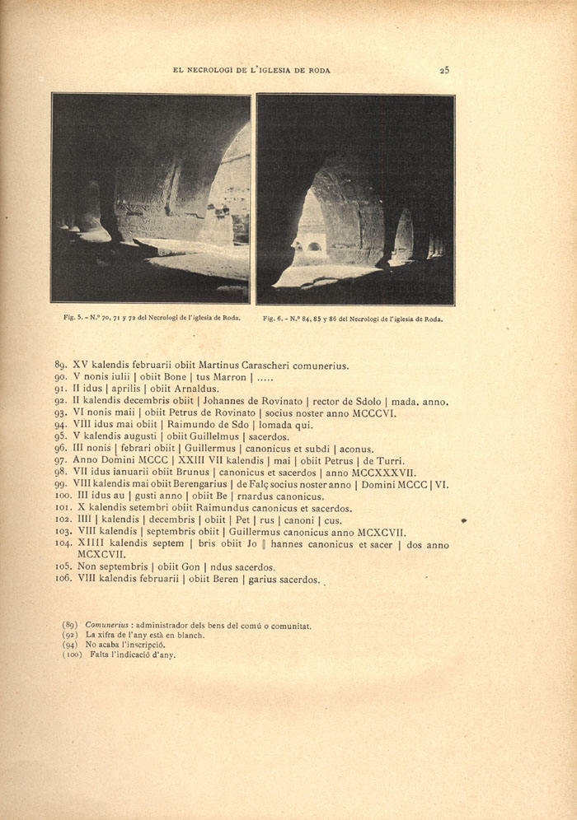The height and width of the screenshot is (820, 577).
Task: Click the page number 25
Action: [x=444, y=71]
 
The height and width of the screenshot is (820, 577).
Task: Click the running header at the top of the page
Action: [x=252, y=71]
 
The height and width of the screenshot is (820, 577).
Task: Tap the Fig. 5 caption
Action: [x=152, y=318]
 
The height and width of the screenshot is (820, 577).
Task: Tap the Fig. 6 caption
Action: [x=353, y=319]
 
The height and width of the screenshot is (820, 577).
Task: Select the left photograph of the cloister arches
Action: [x=151, y=198]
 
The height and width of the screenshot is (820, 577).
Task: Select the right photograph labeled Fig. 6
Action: [x=355, y=198]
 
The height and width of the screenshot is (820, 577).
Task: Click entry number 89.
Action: [x=60, y=366]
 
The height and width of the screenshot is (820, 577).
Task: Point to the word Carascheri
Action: [x=280, y=366]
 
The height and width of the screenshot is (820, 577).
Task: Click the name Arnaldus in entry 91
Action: [x=196, y=389]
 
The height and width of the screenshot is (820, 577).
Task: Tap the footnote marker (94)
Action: [x=70, y=645]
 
